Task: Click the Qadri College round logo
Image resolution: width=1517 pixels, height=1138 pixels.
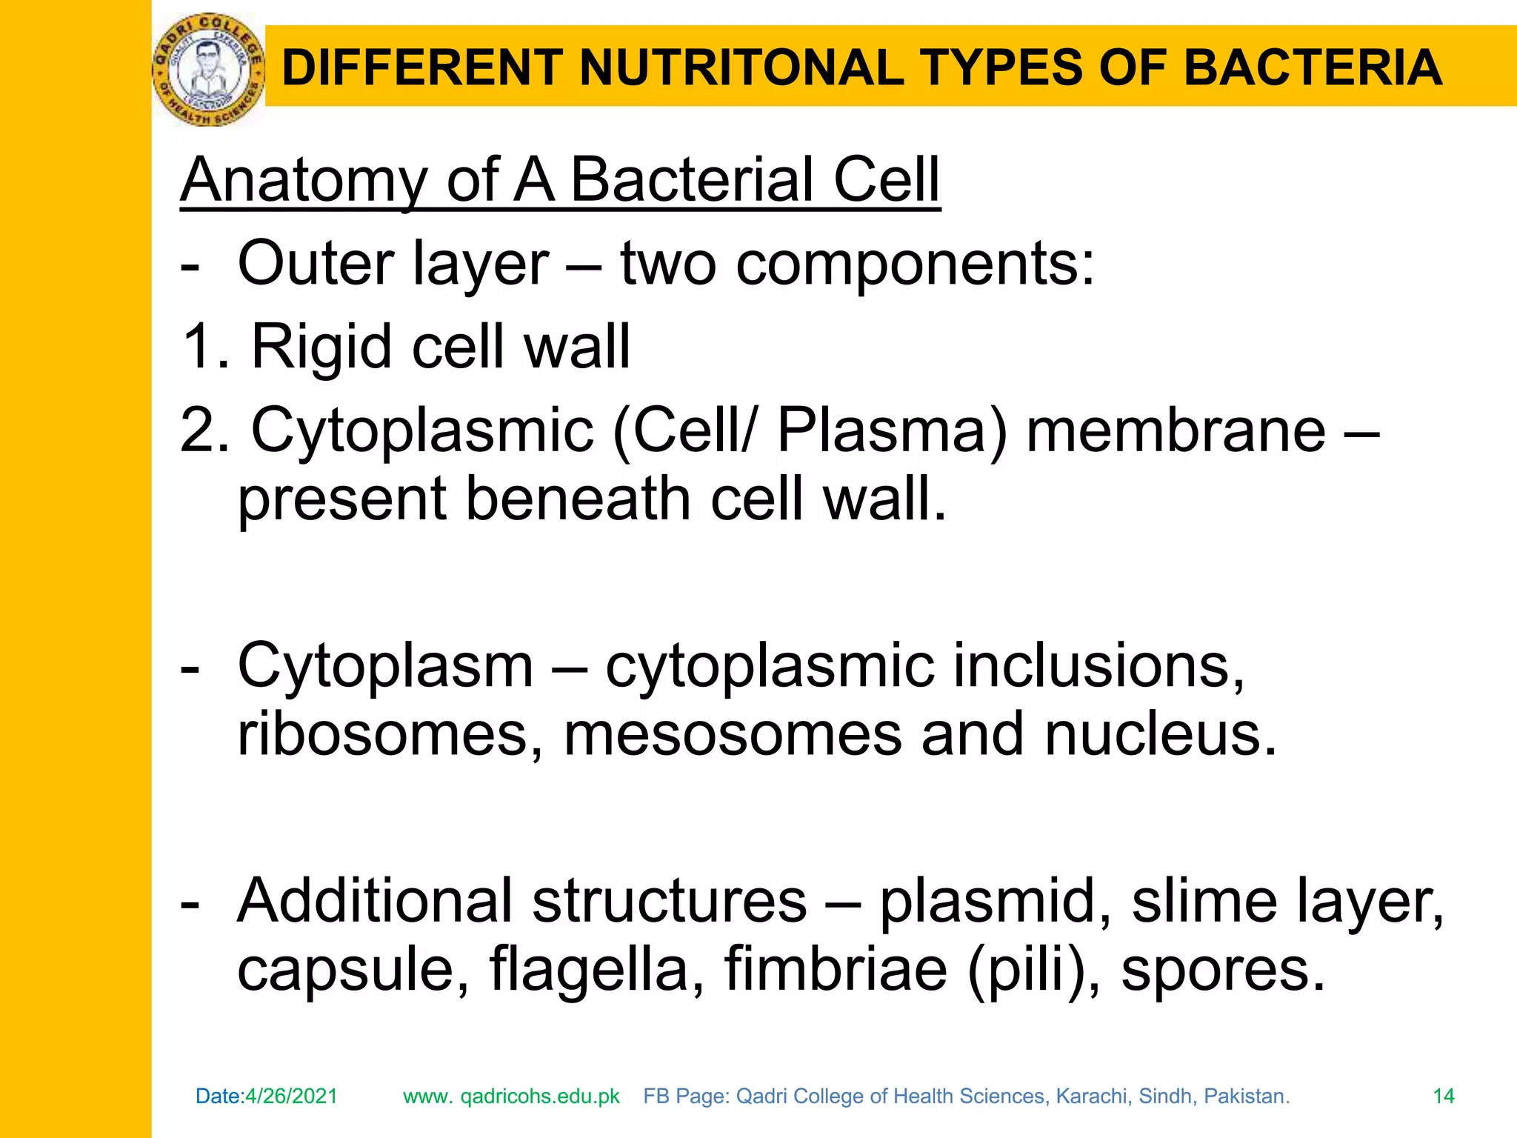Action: point(208,70)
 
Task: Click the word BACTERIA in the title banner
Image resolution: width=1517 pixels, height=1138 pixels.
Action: point(1313,68)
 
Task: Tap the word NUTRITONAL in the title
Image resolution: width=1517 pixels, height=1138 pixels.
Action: point(741,68)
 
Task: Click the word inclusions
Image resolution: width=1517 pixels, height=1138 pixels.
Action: point(1098,666)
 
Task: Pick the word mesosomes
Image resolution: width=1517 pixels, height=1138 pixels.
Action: point(733,734)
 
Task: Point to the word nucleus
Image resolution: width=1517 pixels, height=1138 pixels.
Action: point(1161,734)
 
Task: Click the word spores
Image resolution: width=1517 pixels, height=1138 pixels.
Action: point(1222,969)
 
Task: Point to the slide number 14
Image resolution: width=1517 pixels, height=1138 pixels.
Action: point(1444,1097)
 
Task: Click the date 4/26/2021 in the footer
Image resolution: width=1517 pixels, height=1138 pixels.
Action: point(291,1097)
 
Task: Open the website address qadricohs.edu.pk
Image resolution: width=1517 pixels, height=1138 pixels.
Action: point(539,1097)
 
